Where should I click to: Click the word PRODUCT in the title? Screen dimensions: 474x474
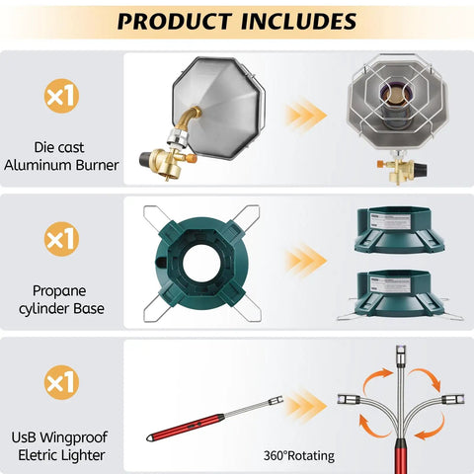tap(175, 21)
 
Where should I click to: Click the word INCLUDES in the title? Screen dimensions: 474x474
tap(299, 21)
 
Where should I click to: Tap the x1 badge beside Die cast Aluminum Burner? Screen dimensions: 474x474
tap(61, 96)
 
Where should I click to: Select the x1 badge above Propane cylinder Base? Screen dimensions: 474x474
tap(61, 239)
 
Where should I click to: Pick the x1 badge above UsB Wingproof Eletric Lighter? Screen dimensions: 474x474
tap(61, 382)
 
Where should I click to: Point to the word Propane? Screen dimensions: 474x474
tap(59, 291)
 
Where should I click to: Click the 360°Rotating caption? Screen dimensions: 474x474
tap(299, 456)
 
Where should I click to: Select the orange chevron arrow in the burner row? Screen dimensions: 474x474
tap(305, 116)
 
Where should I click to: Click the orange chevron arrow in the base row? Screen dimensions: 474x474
tap(305, 261)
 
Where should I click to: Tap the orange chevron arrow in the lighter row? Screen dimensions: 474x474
tap(305, 406)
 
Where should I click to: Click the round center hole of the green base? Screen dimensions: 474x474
tap(200, 263)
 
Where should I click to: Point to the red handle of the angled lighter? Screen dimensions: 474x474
tap(186, 428)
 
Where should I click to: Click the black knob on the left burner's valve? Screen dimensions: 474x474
tap(145, 159)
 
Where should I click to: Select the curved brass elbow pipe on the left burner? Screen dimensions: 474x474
tap(189, 119)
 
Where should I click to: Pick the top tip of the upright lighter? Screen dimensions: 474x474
tap(401, 347)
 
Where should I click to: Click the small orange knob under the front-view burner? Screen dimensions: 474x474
tap(381, 164)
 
